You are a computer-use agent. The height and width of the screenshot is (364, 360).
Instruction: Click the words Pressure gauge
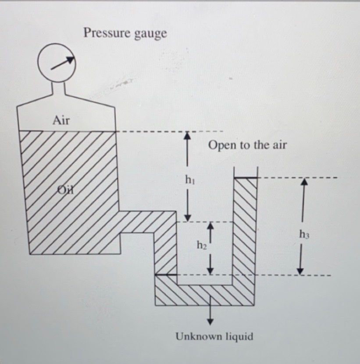click(x=125, y=33)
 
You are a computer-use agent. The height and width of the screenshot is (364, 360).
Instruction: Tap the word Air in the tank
click(x=61, y=120)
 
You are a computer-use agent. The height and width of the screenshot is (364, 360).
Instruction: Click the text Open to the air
click(x=247, y=145)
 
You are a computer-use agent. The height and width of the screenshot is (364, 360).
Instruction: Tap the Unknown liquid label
click(x=214, y=337)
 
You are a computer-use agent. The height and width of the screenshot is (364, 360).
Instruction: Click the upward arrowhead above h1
click(x=188, y=136)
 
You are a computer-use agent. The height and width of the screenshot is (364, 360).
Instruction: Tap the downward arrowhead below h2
click(x=210, y=270)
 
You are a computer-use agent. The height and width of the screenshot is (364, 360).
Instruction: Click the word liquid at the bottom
click(x=239, y=337)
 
